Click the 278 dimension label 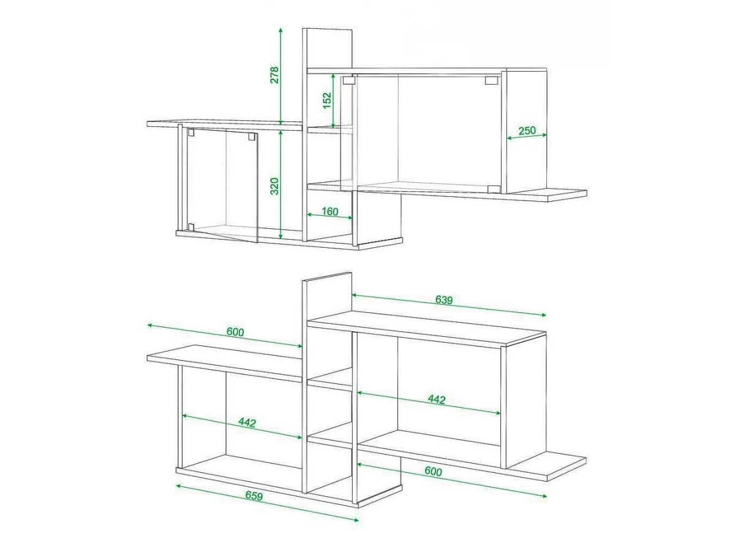[x=274, y=75]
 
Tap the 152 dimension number [x=327, y=100]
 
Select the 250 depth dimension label [x=527, y=131]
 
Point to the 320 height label [x=274, y=186]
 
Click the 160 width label [x=330, y=212]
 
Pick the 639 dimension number [x=443, y=300]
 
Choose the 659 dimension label [x=254, y=496]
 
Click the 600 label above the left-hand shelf [x=235, y=332]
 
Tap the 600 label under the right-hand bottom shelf [x=433, y=471]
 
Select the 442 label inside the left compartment [x=247, y=423]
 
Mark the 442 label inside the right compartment [x=437, y=399]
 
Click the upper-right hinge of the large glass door [x=491, y=80]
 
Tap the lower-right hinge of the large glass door [x=493, y=190]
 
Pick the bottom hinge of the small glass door [x=191, y=227]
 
